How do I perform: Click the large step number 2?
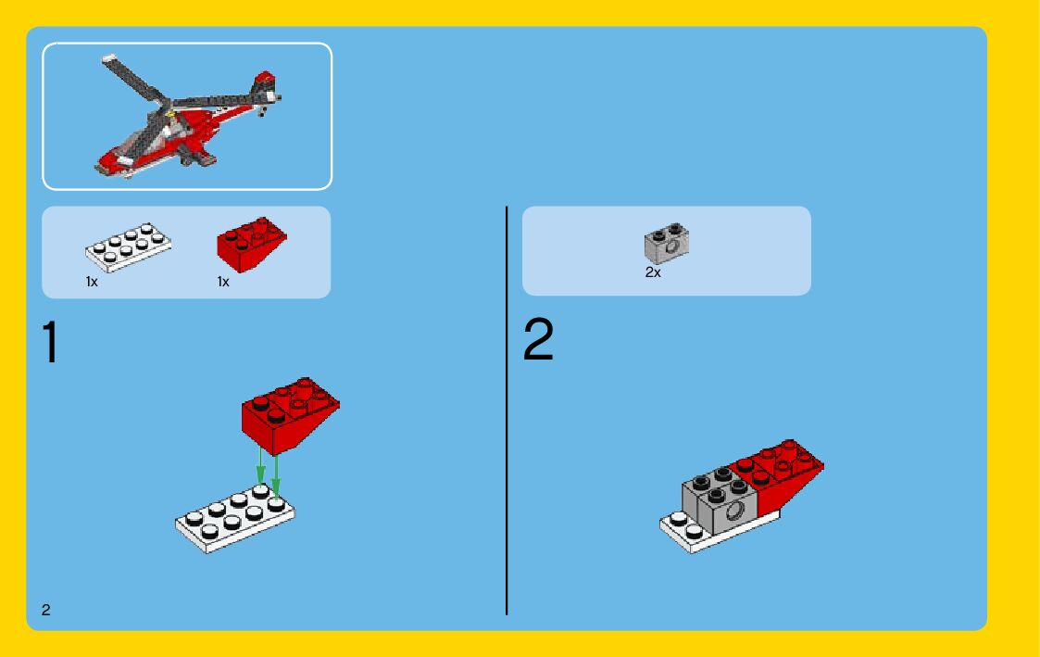tap(538, 339)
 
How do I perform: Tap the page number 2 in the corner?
tap(45, 610)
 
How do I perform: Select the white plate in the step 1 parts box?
tap(128, 247)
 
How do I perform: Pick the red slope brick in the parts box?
tap(251, 245)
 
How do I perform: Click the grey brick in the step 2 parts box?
tap(667, 244)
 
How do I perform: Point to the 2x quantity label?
tap(653, 272)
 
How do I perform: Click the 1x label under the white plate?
tap(92, 282)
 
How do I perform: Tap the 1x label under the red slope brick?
tap(223, 282)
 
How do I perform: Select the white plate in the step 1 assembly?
tap(234, 518)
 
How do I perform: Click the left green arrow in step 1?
tap(260, 464)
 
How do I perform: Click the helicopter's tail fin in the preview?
tap(265, 84)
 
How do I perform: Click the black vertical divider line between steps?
tap(507, 411)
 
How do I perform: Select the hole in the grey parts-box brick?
tap(672, 246)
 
